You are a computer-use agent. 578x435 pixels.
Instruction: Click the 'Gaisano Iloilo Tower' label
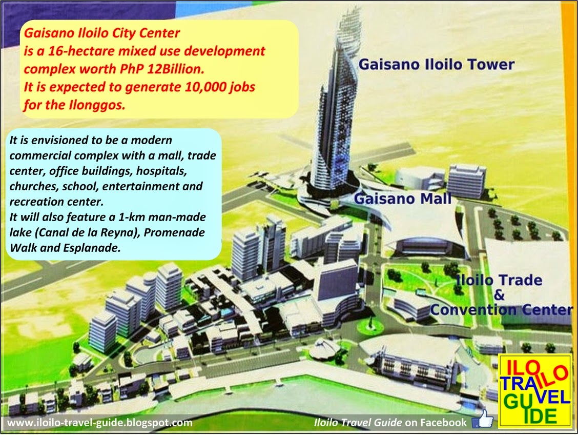click(436, 65)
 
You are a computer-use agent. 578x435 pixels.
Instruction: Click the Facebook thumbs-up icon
click(482, 422)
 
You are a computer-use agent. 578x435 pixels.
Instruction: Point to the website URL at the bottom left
click(100, 423)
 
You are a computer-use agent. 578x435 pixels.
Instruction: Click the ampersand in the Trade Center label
click(500, 295)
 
